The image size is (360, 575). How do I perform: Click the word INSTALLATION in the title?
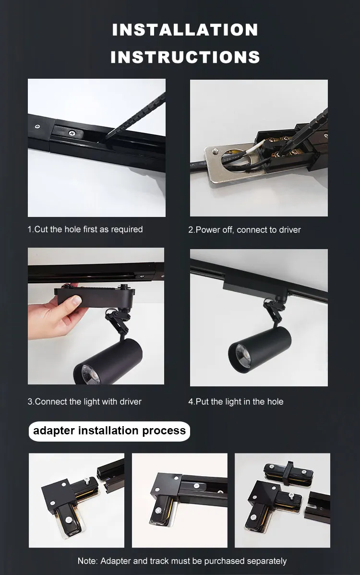[x=185, y=30]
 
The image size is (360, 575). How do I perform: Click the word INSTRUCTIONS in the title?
[x=185, y=58]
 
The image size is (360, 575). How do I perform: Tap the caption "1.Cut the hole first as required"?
[x=85, y=229]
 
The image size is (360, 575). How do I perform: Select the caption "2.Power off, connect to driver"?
[x=244, y=230]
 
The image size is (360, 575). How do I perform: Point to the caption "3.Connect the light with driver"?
[x=84, y=402]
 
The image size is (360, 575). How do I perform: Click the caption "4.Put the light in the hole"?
[x=236, y=402]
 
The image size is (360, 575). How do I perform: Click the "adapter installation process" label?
[x=109, y=431]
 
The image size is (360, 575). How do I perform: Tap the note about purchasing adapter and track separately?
[x=182, y=561]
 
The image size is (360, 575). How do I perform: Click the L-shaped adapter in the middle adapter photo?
[x=166, y=499]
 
